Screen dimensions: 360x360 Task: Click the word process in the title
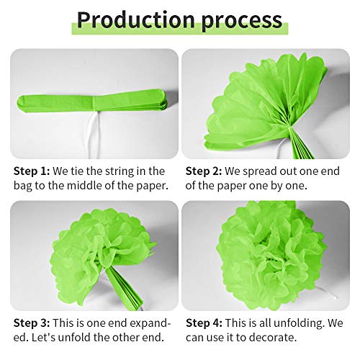237,21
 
